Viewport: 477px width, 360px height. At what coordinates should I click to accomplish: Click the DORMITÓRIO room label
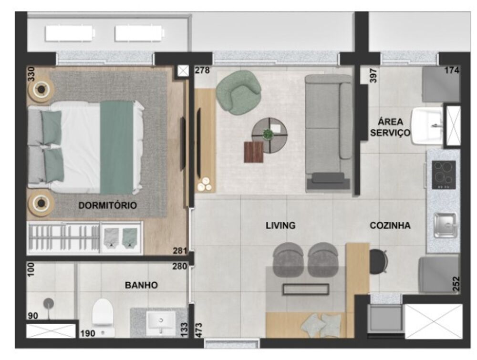107,206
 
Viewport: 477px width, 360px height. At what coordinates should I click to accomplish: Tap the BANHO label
141,285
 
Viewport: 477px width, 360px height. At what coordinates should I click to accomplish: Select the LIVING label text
280,226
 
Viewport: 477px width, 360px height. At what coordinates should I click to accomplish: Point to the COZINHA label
390,226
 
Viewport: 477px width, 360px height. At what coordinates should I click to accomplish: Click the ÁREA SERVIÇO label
390,127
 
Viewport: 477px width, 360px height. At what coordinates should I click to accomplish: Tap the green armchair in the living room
238,92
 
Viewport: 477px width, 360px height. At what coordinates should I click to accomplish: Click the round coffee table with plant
270,135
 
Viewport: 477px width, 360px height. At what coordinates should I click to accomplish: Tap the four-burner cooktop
444,175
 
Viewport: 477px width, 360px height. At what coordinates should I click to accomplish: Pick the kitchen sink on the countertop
445,225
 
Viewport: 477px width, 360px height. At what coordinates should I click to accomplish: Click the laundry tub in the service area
428,125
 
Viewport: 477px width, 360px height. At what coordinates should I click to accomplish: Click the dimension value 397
373,75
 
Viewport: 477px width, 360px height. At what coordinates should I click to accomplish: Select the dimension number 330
31,75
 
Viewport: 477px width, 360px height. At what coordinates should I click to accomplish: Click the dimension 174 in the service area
451,71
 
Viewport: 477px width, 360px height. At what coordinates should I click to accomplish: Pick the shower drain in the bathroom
49,302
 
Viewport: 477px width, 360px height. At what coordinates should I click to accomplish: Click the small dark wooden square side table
254,152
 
